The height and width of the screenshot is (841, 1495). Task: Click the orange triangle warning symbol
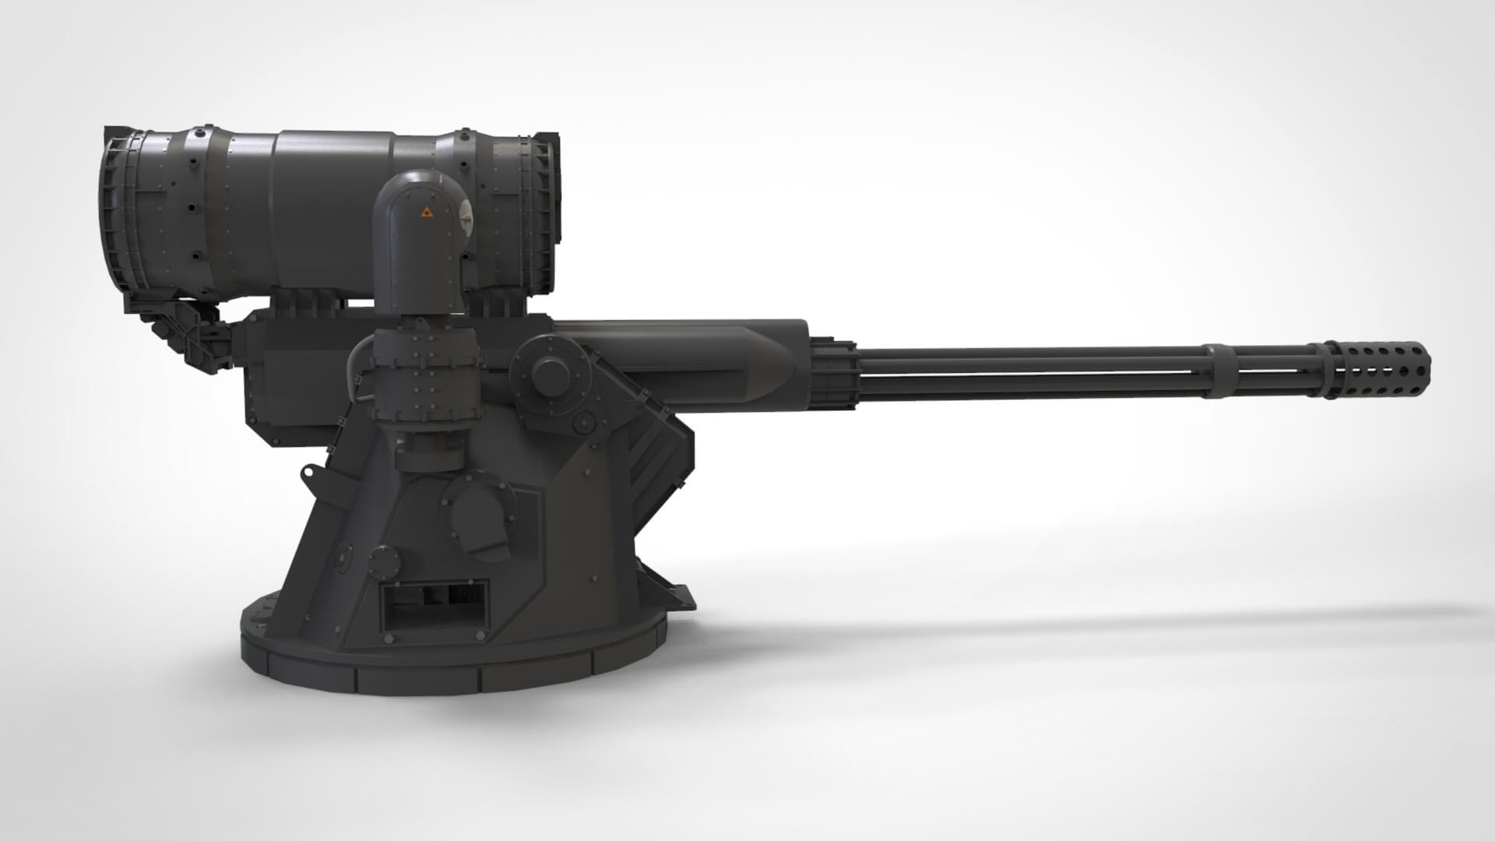point(425,211)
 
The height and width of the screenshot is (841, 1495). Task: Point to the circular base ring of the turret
point(452,670)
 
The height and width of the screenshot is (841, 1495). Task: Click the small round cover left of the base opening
point(382,561)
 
